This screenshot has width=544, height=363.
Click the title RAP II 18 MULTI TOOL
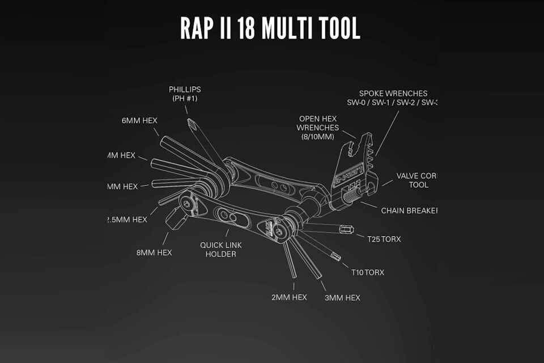(x=270, y=27)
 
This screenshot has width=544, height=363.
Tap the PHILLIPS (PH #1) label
(x=185, y=94)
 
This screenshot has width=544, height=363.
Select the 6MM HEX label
(x=139, y=121)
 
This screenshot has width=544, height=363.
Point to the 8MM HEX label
(x=154, y=252)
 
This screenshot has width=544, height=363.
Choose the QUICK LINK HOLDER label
(x=218, y=250)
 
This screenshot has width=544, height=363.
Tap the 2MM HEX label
(x=288, y=297)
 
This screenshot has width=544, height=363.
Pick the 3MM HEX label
(x=342, y=298)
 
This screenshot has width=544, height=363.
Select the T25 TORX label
(x=384, y=239)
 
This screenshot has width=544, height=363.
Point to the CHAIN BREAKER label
(x=409, y=211)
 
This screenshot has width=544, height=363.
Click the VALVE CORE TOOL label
(x=417, y=180)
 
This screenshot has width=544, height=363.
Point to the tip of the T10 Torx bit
(x=338, y=258)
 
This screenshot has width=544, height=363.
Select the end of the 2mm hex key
(x=294, y=276)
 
